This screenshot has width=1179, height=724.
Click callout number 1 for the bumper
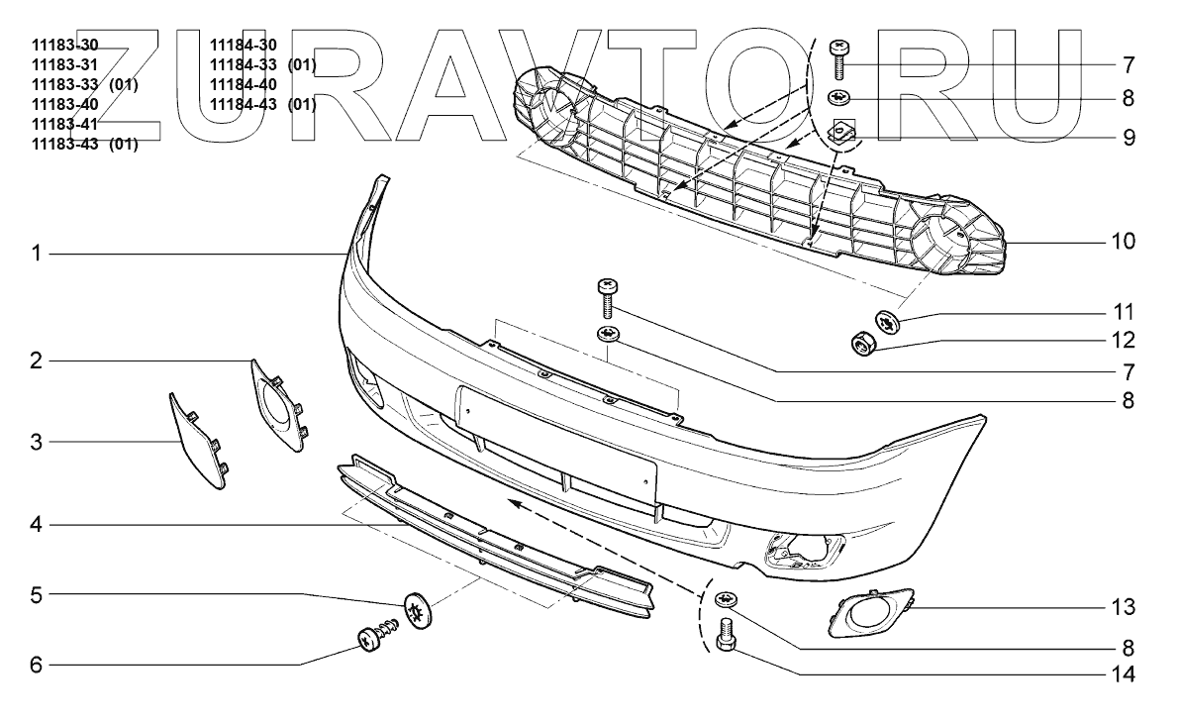tap(36, 255)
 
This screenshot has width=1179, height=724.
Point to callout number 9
tap(1128, 135)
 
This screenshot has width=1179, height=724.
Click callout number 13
tap(1121, 605)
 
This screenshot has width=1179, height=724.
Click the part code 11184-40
tap(244, 84)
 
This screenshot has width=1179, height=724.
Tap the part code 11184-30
tap(244, 45)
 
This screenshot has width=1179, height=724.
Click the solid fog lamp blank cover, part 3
tap(200, 442)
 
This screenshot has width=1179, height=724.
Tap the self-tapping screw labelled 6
tap(375, 637)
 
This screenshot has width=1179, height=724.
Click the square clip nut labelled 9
tap(844, 130)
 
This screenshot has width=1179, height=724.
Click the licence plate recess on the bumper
tap(556, 441)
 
